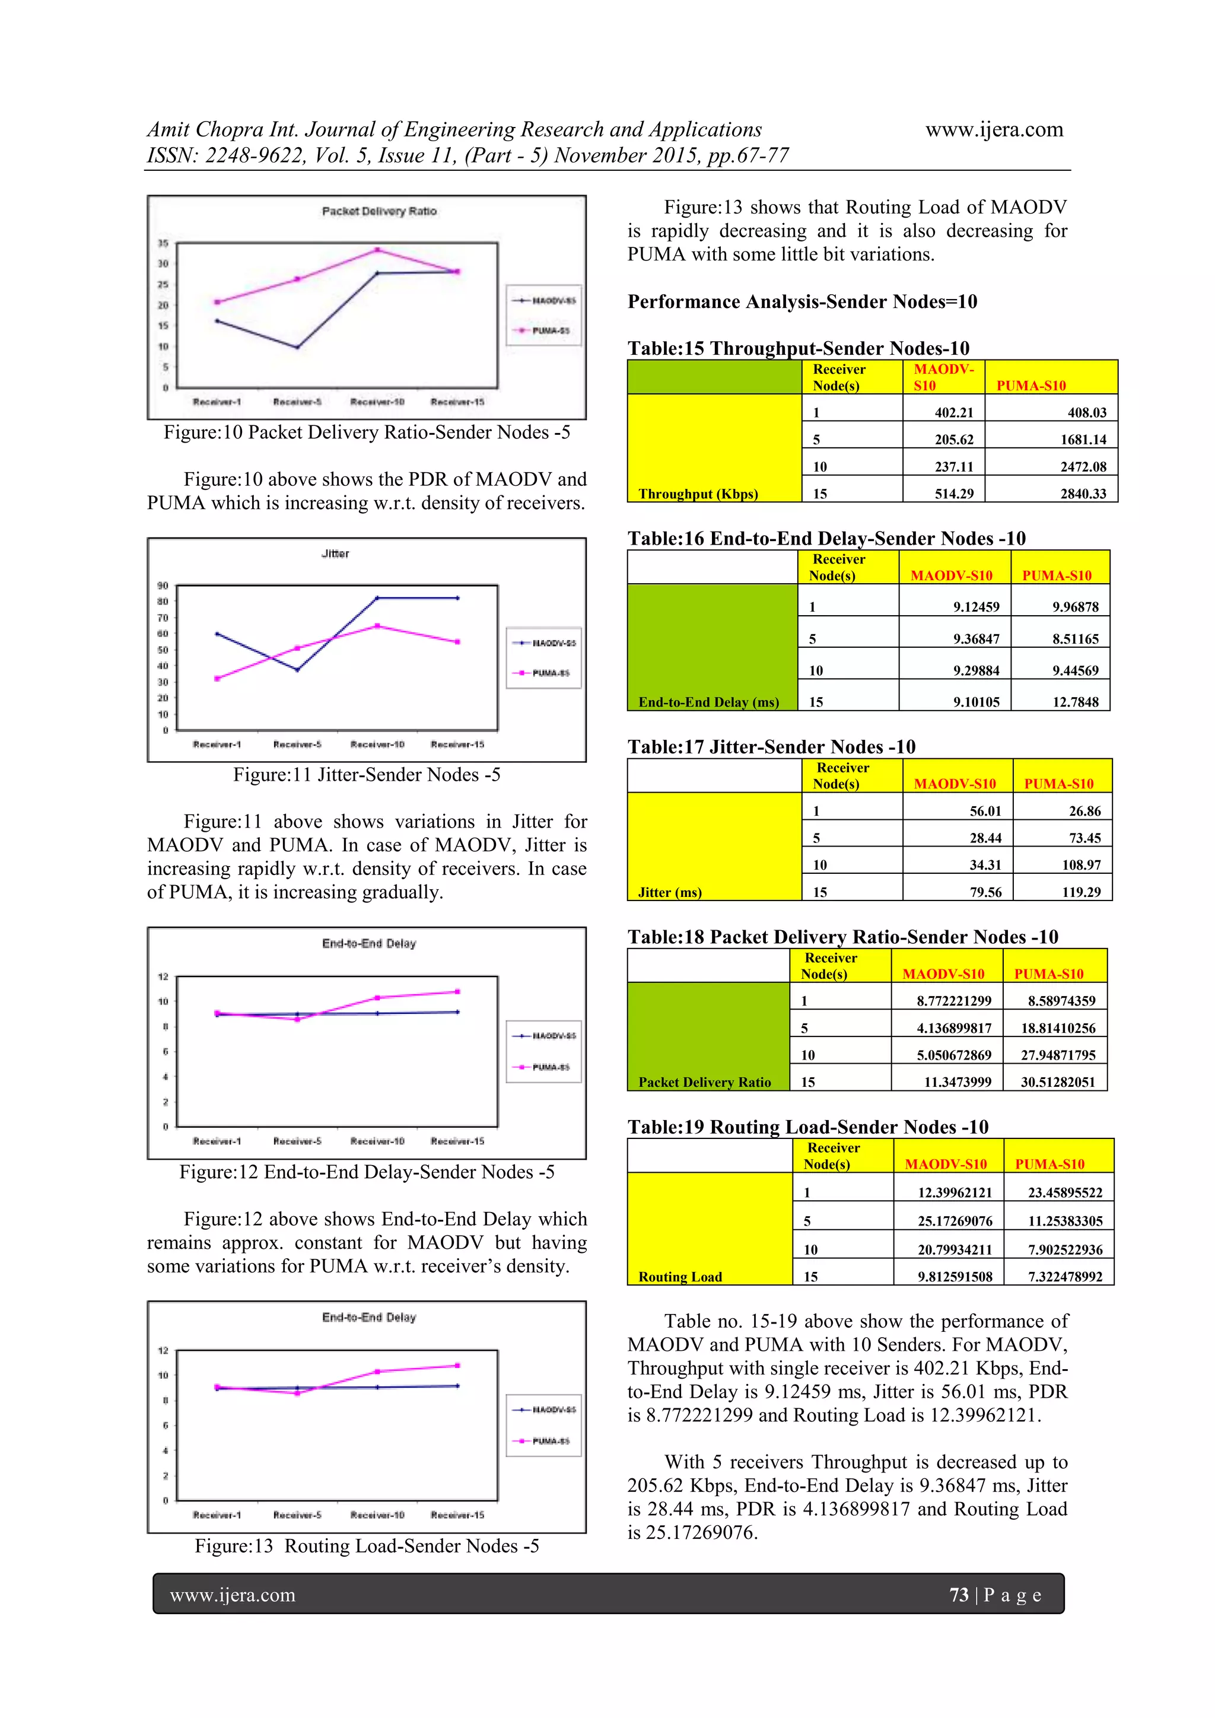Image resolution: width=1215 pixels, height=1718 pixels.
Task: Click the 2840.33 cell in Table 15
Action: click(1083, 494)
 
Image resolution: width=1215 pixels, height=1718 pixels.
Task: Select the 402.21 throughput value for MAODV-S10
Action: click(953, 412)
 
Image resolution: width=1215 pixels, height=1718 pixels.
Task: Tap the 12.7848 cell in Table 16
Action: click(1075, 702)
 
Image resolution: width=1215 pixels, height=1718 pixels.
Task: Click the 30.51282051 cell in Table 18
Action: click(1057, 1082)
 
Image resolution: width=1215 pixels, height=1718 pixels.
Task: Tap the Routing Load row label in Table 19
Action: click(679, 1277)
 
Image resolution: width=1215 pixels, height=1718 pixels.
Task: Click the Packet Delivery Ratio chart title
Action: click(379, 211)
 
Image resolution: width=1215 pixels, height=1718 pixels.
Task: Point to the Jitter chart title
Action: click(335, 553)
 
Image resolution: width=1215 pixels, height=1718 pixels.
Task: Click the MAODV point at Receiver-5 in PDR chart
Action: click(297, 347)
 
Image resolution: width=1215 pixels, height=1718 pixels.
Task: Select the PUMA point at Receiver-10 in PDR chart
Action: click(378, 250)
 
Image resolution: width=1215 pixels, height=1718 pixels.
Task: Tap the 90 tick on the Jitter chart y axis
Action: click(163, 586)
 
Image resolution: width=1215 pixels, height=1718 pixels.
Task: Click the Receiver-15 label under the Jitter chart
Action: click(457, 745)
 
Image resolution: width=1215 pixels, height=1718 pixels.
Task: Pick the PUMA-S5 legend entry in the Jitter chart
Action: click(544, 673)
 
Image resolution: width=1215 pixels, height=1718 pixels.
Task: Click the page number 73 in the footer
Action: click(958, 1595)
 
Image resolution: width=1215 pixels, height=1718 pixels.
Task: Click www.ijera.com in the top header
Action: click(994, 129)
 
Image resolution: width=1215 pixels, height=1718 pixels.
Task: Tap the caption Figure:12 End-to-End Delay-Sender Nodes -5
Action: click(367, 1172)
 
